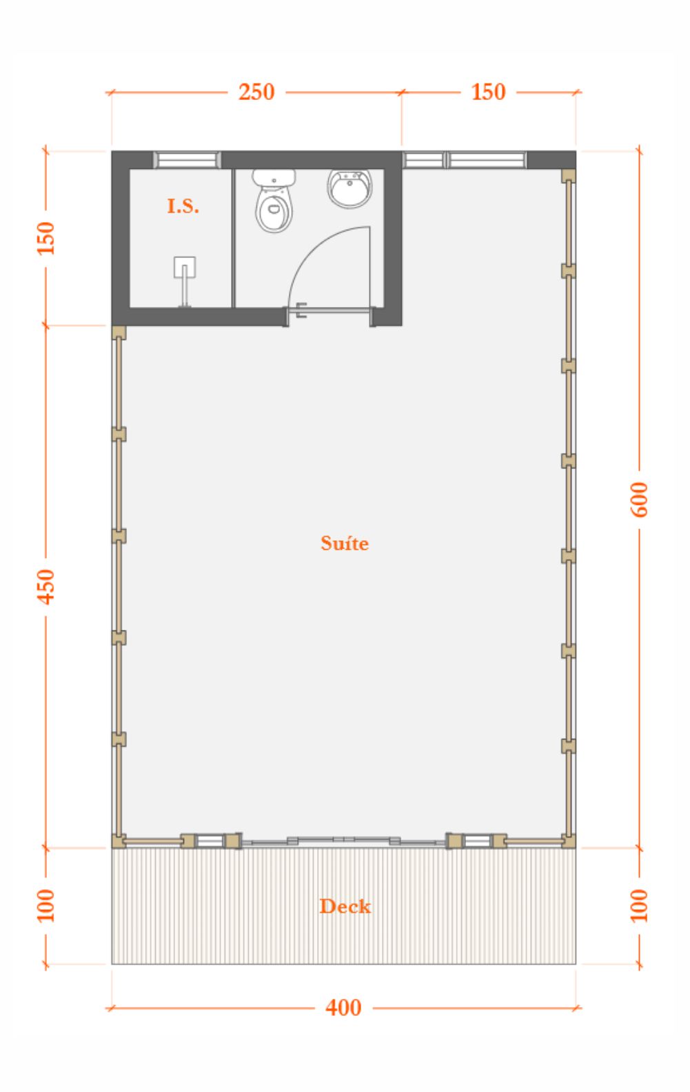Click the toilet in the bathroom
[x=274, y=201]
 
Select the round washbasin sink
[x=350, y=188]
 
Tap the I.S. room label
[x=183, y=206]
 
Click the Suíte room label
[x=345, y=543]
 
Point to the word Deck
[x=345, y=906]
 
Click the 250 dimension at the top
[x=256, y=92]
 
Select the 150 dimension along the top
[x=488, y=92]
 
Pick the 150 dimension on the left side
[x=46, y=238]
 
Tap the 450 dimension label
[x=46, y=587]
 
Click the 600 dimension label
[x=639, y=499]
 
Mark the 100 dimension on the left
[x=46, y=906]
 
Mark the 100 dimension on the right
[x=639, y=906]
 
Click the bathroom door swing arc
[x=313, y=246]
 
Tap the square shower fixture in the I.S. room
[x=185, y=267]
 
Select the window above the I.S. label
[x=187, y=160]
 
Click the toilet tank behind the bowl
[x=274, y=177]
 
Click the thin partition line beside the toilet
[x=234, y=239]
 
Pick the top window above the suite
[x=465, y=160]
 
